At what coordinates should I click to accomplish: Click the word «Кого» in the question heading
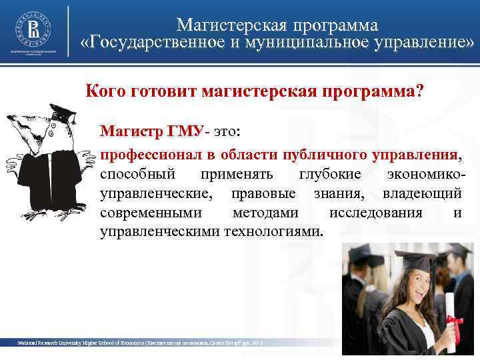[105, 90]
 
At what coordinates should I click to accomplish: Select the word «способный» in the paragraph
[138, 174]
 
